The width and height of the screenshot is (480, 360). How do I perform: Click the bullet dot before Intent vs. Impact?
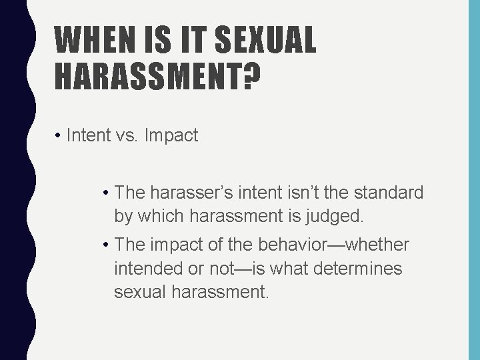click(x=59, y=137)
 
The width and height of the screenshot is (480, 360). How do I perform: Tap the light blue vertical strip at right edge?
click(x=474, y=180)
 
